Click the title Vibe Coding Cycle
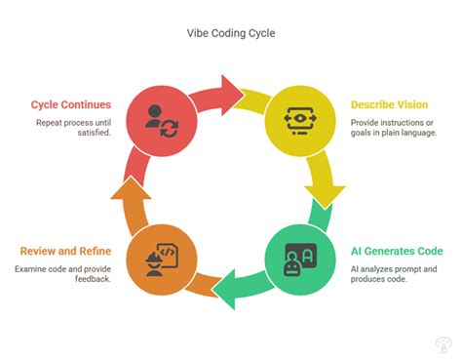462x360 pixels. [x=231, y=32]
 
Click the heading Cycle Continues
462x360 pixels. [x=69, y=104]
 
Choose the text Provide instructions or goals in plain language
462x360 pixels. [x=394, y=127]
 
